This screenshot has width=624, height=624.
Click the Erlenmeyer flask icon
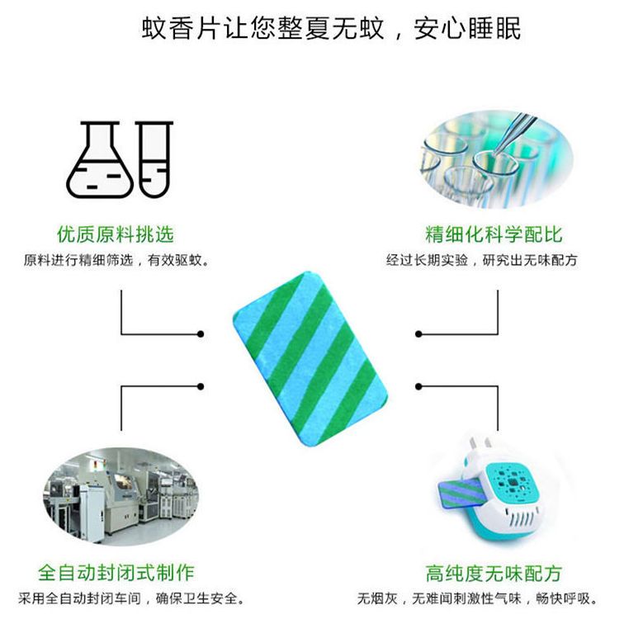click(99, 162)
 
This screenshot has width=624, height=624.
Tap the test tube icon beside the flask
click(154, 158)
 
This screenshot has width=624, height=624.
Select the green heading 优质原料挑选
click(116, 234)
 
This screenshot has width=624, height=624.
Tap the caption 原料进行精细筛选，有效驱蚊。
click(116, 261)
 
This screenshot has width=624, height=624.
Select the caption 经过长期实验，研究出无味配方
click(482, 261)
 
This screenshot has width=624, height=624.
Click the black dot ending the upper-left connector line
click(201, 333)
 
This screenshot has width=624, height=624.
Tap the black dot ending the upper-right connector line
click(419, 333)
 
